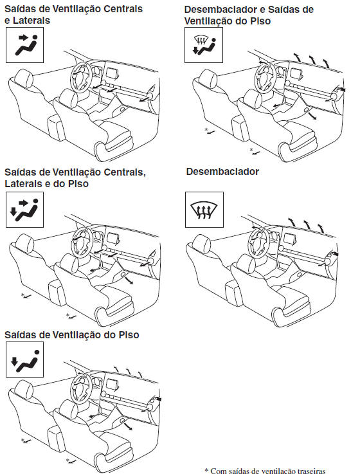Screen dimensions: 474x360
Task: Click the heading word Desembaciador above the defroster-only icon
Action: pos(222,172)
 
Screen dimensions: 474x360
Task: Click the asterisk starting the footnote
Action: pos(206,470)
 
